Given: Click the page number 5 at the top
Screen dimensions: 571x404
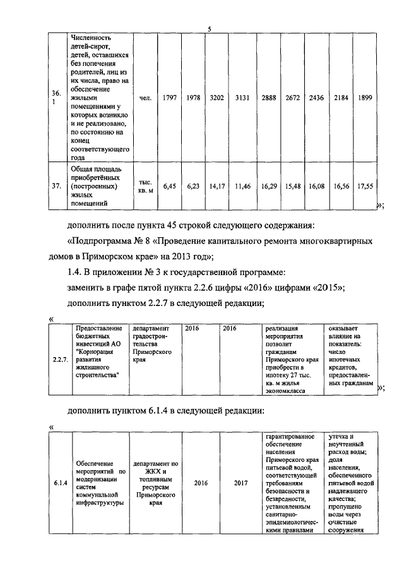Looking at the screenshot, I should [209, 28].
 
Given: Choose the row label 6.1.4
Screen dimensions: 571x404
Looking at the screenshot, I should [61, 483].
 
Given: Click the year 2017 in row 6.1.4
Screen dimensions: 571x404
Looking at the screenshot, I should [241, 483].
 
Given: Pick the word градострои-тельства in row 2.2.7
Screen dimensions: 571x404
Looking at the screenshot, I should [151, 340].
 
